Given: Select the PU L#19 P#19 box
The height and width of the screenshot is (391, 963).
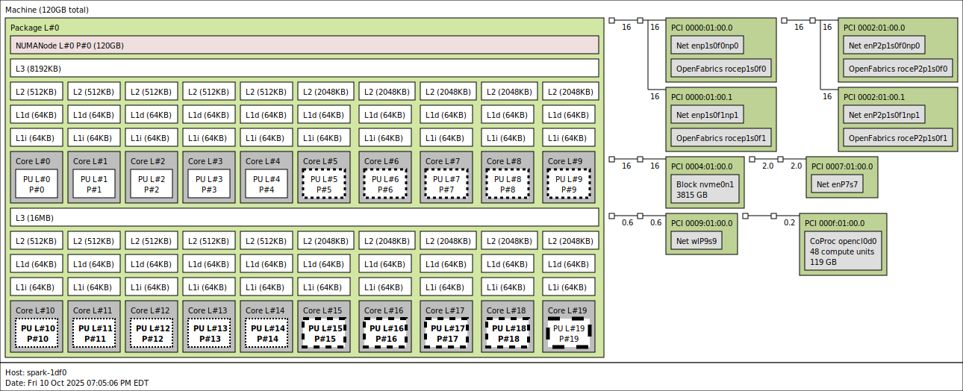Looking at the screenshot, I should coord(569,334).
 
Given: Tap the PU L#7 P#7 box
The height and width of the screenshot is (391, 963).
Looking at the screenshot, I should coord(446,184).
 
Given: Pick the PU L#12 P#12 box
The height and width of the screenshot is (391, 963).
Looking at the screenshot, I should coord(152,334).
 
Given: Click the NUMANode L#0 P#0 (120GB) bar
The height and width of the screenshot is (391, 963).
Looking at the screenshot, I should coord(305,46).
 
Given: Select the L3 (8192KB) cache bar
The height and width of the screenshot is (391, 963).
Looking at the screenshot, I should coord(305,69).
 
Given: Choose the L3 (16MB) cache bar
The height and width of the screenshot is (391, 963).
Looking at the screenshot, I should coord(305,218).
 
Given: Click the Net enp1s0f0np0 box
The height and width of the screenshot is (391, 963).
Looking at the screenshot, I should coord(707,46).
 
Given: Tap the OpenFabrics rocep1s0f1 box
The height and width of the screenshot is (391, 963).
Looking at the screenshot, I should coord(721,138).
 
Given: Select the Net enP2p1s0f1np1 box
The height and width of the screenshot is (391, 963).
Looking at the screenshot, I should coord(884,115).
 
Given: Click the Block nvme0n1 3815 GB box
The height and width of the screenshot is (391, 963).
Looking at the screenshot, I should coord(705,190).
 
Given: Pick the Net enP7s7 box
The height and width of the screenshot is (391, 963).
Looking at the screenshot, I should coord(836,184).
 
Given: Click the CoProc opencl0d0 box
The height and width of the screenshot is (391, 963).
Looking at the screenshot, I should coord(843,251).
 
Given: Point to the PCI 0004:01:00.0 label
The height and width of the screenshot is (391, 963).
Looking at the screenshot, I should coord(702,166).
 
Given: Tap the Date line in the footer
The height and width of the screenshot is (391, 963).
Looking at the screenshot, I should coord(77,383).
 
